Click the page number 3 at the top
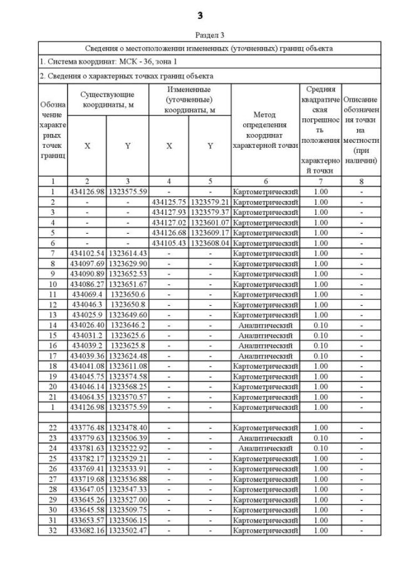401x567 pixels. tap(200, 14)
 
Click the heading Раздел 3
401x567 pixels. tap(200, 35)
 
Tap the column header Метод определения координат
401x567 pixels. tap(266, 130)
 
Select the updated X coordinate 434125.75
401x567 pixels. tap(169, 202)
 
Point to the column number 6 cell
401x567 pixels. tap(266, 182)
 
